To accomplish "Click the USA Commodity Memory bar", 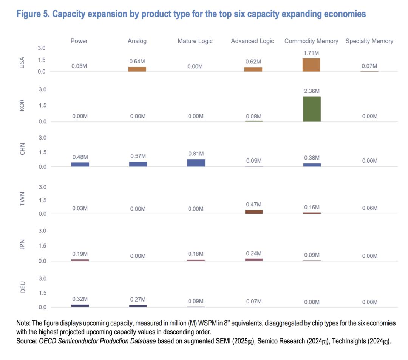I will click(x=311, y=65).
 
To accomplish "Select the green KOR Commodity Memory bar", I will click(x=311, y=109).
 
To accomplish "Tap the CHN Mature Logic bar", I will click(x=196, y=163).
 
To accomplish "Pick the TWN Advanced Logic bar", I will click(x=253, y=212).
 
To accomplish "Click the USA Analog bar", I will click(x=137, y=69).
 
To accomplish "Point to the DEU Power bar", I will click(x=80, y=306).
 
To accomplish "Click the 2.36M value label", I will click(x=311, y=91).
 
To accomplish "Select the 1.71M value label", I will click(x=311, y=53).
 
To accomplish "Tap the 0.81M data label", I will click(x=196, y=154).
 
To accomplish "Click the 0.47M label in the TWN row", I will click(x=253, y=204).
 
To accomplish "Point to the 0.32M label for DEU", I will click(x=80, y=298).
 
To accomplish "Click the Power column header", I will click(x=79, y=41).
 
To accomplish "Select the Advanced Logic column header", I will click(x=252, y=41).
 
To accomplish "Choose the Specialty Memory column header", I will click(x=369, y=41).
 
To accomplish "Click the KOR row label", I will click(x=22, y=106).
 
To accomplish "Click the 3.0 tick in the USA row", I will click(x=41, y=48).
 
